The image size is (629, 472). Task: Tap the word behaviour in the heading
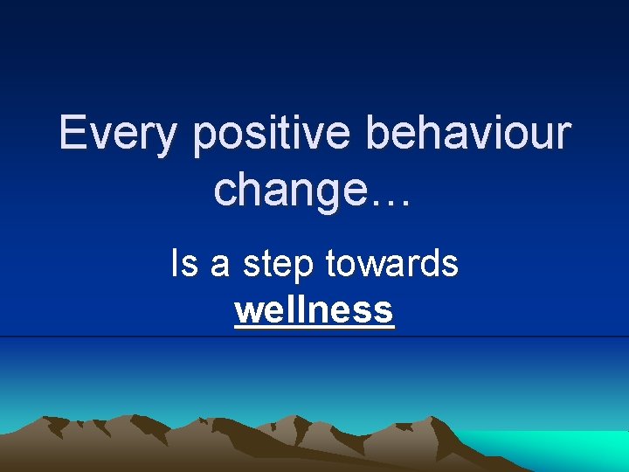(469, 133)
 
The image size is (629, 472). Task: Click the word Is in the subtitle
(184, 263)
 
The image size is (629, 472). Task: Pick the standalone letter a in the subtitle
(219, 266)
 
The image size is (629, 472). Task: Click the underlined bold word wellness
(314, 309)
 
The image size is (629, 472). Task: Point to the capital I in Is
(176, 263)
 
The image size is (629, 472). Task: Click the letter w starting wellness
(247, 311)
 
